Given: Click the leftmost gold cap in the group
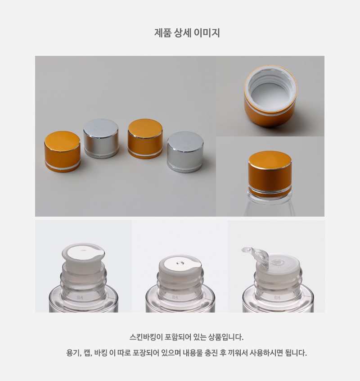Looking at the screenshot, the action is point(63,152).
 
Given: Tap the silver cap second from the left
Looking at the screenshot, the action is point(101,139).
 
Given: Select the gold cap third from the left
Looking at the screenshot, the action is point(145,139).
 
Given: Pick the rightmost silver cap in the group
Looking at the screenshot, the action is point(185,152).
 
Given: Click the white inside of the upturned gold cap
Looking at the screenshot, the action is point(271,91).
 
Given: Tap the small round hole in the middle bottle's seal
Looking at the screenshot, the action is point(180,263).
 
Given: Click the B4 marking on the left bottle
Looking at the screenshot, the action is point(80,297).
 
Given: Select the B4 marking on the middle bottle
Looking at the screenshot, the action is point(175,297).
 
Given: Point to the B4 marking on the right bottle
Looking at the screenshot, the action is point(277,297).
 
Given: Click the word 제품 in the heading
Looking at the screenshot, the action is point(163,33).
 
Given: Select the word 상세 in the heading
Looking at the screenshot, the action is point(183,33).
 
